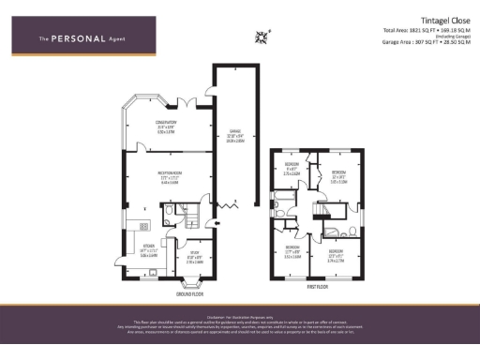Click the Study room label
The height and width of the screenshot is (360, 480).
pos(194,259)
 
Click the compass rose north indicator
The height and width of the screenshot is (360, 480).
pos(262,37)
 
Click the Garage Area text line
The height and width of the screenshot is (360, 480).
pos(425,43)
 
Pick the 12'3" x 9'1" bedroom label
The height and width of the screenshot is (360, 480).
pos(336,254)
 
